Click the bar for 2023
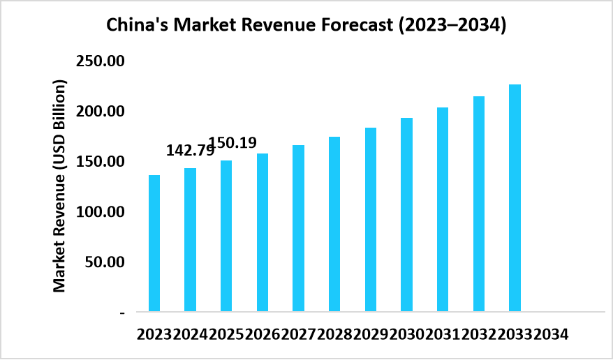point(154,243)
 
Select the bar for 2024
point(190,239)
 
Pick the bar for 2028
point(334,223)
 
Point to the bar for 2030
point(406,214)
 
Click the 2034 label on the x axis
point(551,334)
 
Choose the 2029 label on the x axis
point(370,334)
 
